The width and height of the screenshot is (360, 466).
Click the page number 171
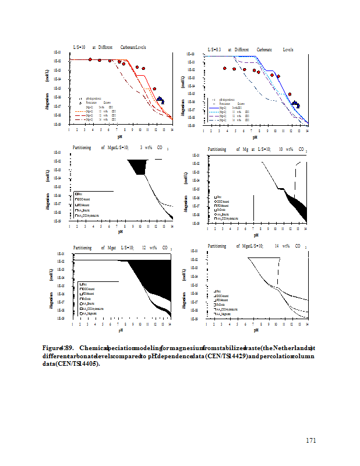pos(311,440)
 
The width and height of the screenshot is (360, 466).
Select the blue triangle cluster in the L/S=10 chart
pos(161,100)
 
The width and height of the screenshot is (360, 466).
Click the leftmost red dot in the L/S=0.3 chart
pos(225,69)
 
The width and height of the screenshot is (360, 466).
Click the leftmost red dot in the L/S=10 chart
pos(90,59)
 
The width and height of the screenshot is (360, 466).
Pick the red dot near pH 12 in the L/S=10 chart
pos(154,89)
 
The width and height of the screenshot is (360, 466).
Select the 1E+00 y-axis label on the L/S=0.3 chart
pos(192,54)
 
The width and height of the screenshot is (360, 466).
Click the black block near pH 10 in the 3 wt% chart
pos(140,167)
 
